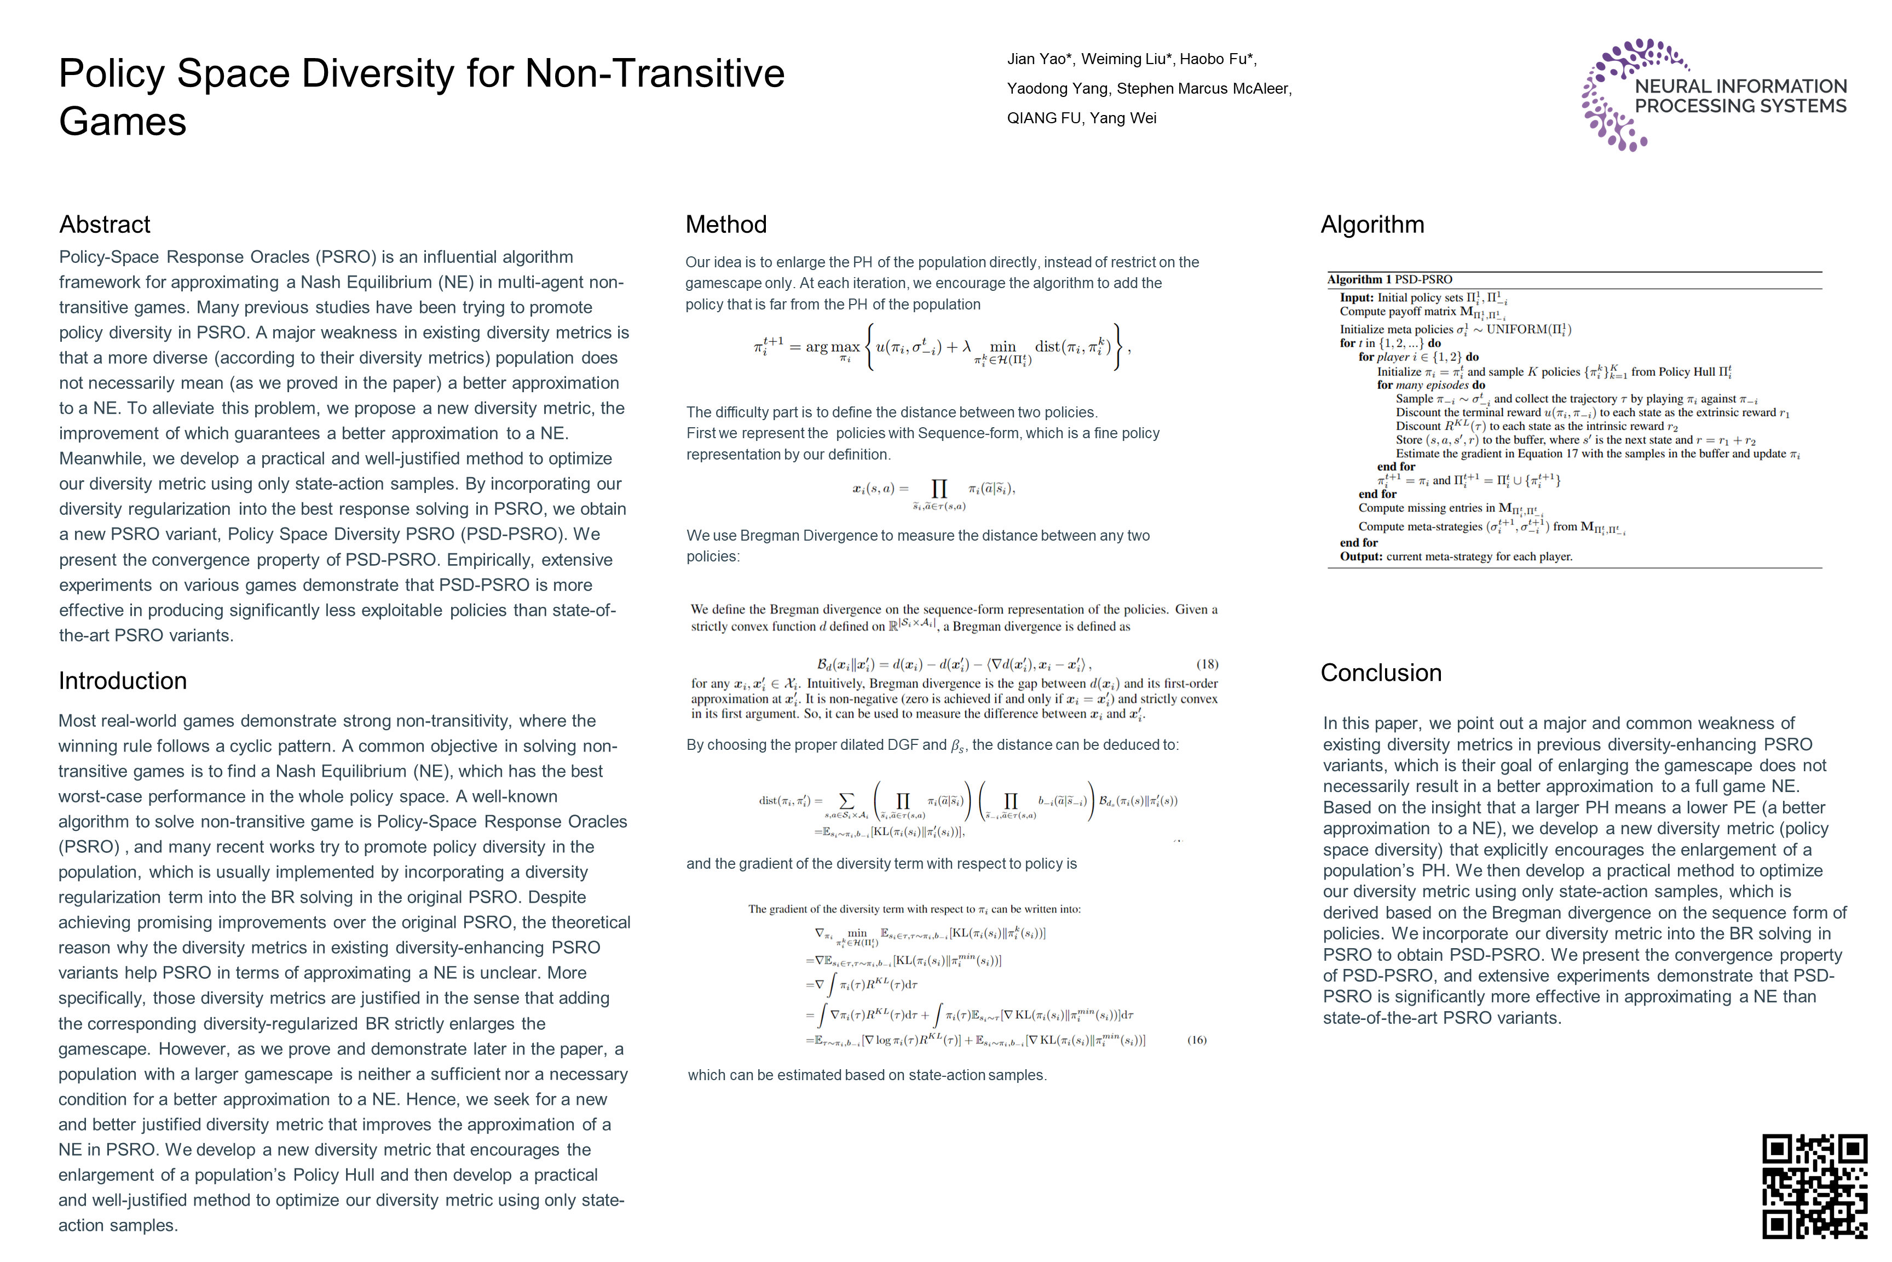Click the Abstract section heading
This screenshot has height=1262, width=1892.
(x=105, y=225)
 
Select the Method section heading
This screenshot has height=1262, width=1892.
(x=725, y=225)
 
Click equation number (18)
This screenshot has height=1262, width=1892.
(x=1207, y=664)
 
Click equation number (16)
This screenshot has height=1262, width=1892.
(x=1196, y=1040)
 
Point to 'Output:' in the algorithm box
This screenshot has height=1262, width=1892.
(x=1361, y=556)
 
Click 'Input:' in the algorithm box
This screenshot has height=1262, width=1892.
(x=1357, y=298)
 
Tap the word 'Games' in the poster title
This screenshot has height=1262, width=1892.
(x=122, y=122)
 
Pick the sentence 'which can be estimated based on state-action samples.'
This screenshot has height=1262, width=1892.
(x=867, y=1075)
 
